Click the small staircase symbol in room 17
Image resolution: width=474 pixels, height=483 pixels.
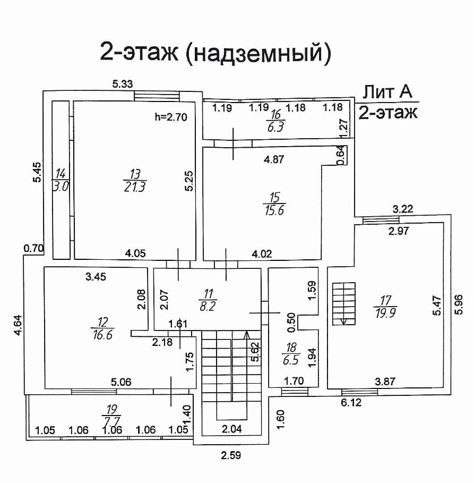343,303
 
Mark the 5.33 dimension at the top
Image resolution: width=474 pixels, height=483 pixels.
122,83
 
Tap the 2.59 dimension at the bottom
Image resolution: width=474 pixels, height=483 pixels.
231,455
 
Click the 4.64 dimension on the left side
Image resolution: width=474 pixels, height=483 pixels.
18,325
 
